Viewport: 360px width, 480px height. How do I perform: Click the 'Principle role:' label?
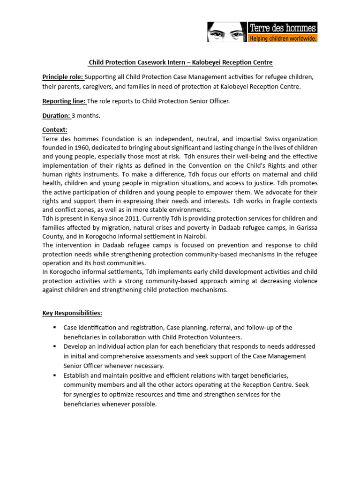click(63, 76)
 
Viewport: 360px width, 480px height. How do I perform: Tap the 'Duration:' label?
click(56, 115)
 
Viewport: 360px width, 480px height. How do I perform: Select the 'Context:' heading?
click(55, 129)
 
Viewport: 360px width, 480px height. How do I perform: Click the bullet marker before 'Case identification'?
click(55, 327)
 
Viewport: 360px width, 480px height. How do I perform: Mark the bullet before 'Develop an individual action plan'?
click(55, 346)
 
